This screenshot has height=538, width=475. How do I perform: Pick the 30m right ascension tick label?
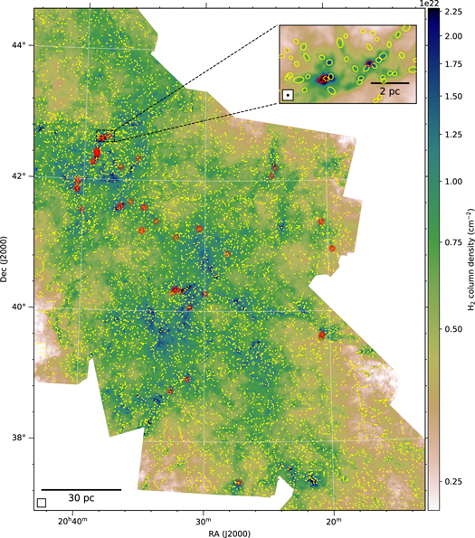click(203, 521)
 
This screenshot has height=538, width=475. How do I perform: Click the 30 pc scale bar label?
click(81, 498)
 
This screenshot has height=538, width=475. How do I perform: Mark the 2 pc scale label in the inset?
click(390, 92)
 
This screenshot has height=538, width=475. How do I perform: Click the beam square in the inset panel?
click(287, 93)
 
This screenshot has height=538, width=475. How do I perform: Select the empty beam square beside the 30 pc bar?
click(42, 502)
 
